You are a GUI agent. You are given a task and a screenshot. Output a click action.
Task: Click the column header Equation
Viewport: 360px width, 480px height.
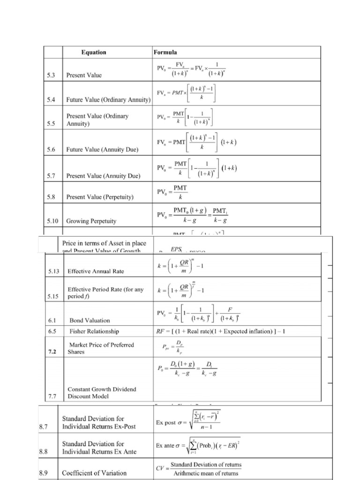[93, 52]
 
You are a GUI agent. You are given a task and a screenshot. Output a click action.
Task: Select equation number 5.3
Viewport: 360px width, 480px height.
[52, 75]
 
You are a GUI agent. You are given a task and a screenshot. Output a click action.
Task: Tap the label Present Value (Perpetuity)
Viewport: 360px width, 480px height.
[100, 197]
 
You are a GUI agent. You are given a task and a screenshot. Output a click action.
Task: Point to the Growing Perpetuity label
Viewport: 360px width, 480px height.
[91, 220]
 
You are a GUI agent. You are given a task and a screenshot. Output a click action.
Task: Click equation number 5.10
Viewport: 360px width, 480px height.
[53, 220]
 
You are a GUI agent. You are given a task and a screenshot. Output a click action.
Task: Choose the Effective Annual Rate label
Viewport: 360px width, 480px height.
[99, 271]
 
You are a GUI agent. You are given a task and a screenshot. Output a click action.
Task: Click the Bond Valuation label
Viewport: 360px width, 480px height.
[90, 321]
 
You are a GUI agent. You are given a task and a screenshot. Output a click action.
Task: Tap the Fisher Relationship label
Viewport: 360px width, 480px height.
[94, 331]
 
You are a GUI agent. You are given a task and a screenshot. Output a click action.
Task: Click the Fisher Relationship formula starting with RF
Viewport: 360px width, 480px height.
[220, 331]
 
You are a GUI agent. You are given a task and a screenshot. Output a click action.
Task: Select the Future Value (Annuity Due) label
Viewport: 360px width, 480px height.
[102, 150]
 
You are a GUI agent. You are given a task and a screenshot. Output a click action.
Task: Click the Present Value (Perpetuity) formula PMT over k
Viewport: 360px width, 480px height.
[180, 193]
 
